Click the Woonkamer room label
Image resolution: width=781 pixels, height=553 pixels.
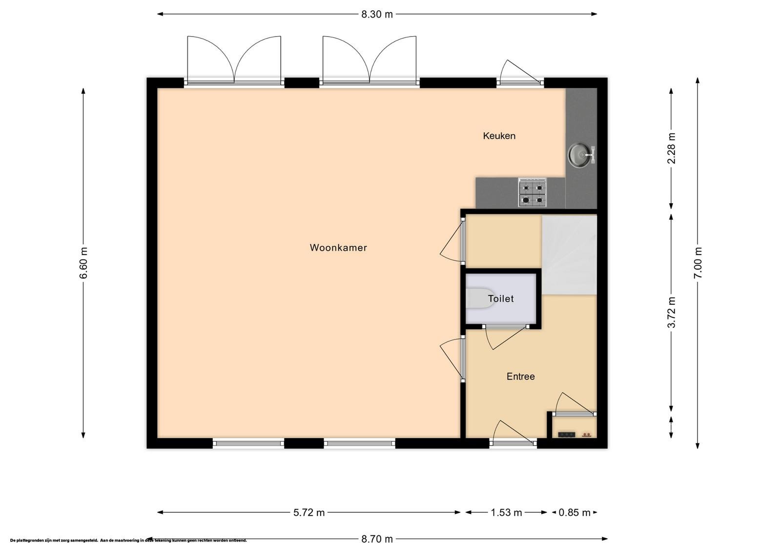coord(338,248)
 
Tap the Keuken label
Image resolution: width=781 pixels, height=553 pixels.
coord(499,136)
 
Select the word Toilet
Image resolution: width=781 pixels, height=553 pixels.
coord(501,298)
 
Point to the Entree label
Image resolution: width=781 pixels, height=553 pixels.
coord(520,377)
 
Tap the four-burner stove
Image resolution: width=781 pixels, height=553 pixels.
coord(532,192)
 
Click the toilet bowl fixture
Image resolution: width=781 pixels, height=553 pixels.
coord(480,298)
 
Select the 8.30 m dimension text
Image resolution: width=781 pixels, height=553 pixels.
coord(377,14)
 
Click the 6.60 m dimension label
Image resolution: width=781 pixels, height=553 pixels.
coord(83,263)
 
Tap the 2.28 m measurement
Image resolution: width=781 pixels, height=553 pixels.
coord(671,149)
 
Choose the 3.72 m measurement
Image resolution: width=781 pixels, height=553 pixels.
coord(671,312)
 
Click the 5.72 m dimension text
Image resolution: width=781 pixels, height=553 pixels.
coord(309,512)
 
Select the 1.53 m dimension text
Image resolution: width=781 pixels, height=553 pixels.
coord(506,512)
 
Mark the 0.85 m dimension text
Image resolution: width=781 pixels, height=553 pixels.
coord(575,512)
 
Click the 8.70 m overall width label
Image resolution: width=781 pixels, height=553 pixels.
coord(377,539)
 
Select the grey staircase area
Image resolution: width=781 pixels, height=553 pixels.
coord(569,255)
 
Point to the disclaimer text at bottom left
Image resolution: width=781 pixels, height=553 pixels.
coord(128,540)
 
